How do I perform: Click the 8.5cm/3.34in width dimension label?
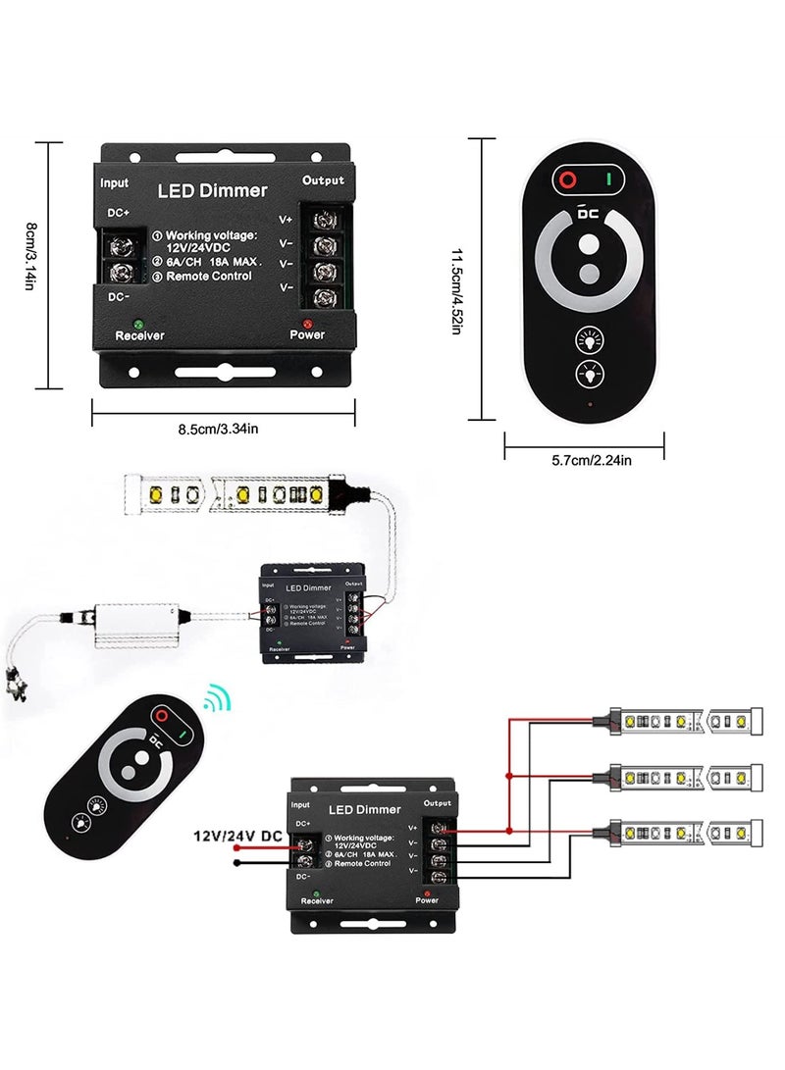click(x=218, y=428)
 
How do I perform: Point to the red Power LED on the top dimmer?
click(x=307, y=323)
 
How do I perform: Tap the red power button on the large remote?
click(x=567, y=180)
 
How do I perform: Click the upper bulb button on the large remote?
click(x=589, y=340)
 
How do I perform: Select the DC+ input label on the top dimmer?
click(x=119, y=213)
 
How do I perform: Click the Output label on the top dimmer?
click(x=323, y=180)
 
